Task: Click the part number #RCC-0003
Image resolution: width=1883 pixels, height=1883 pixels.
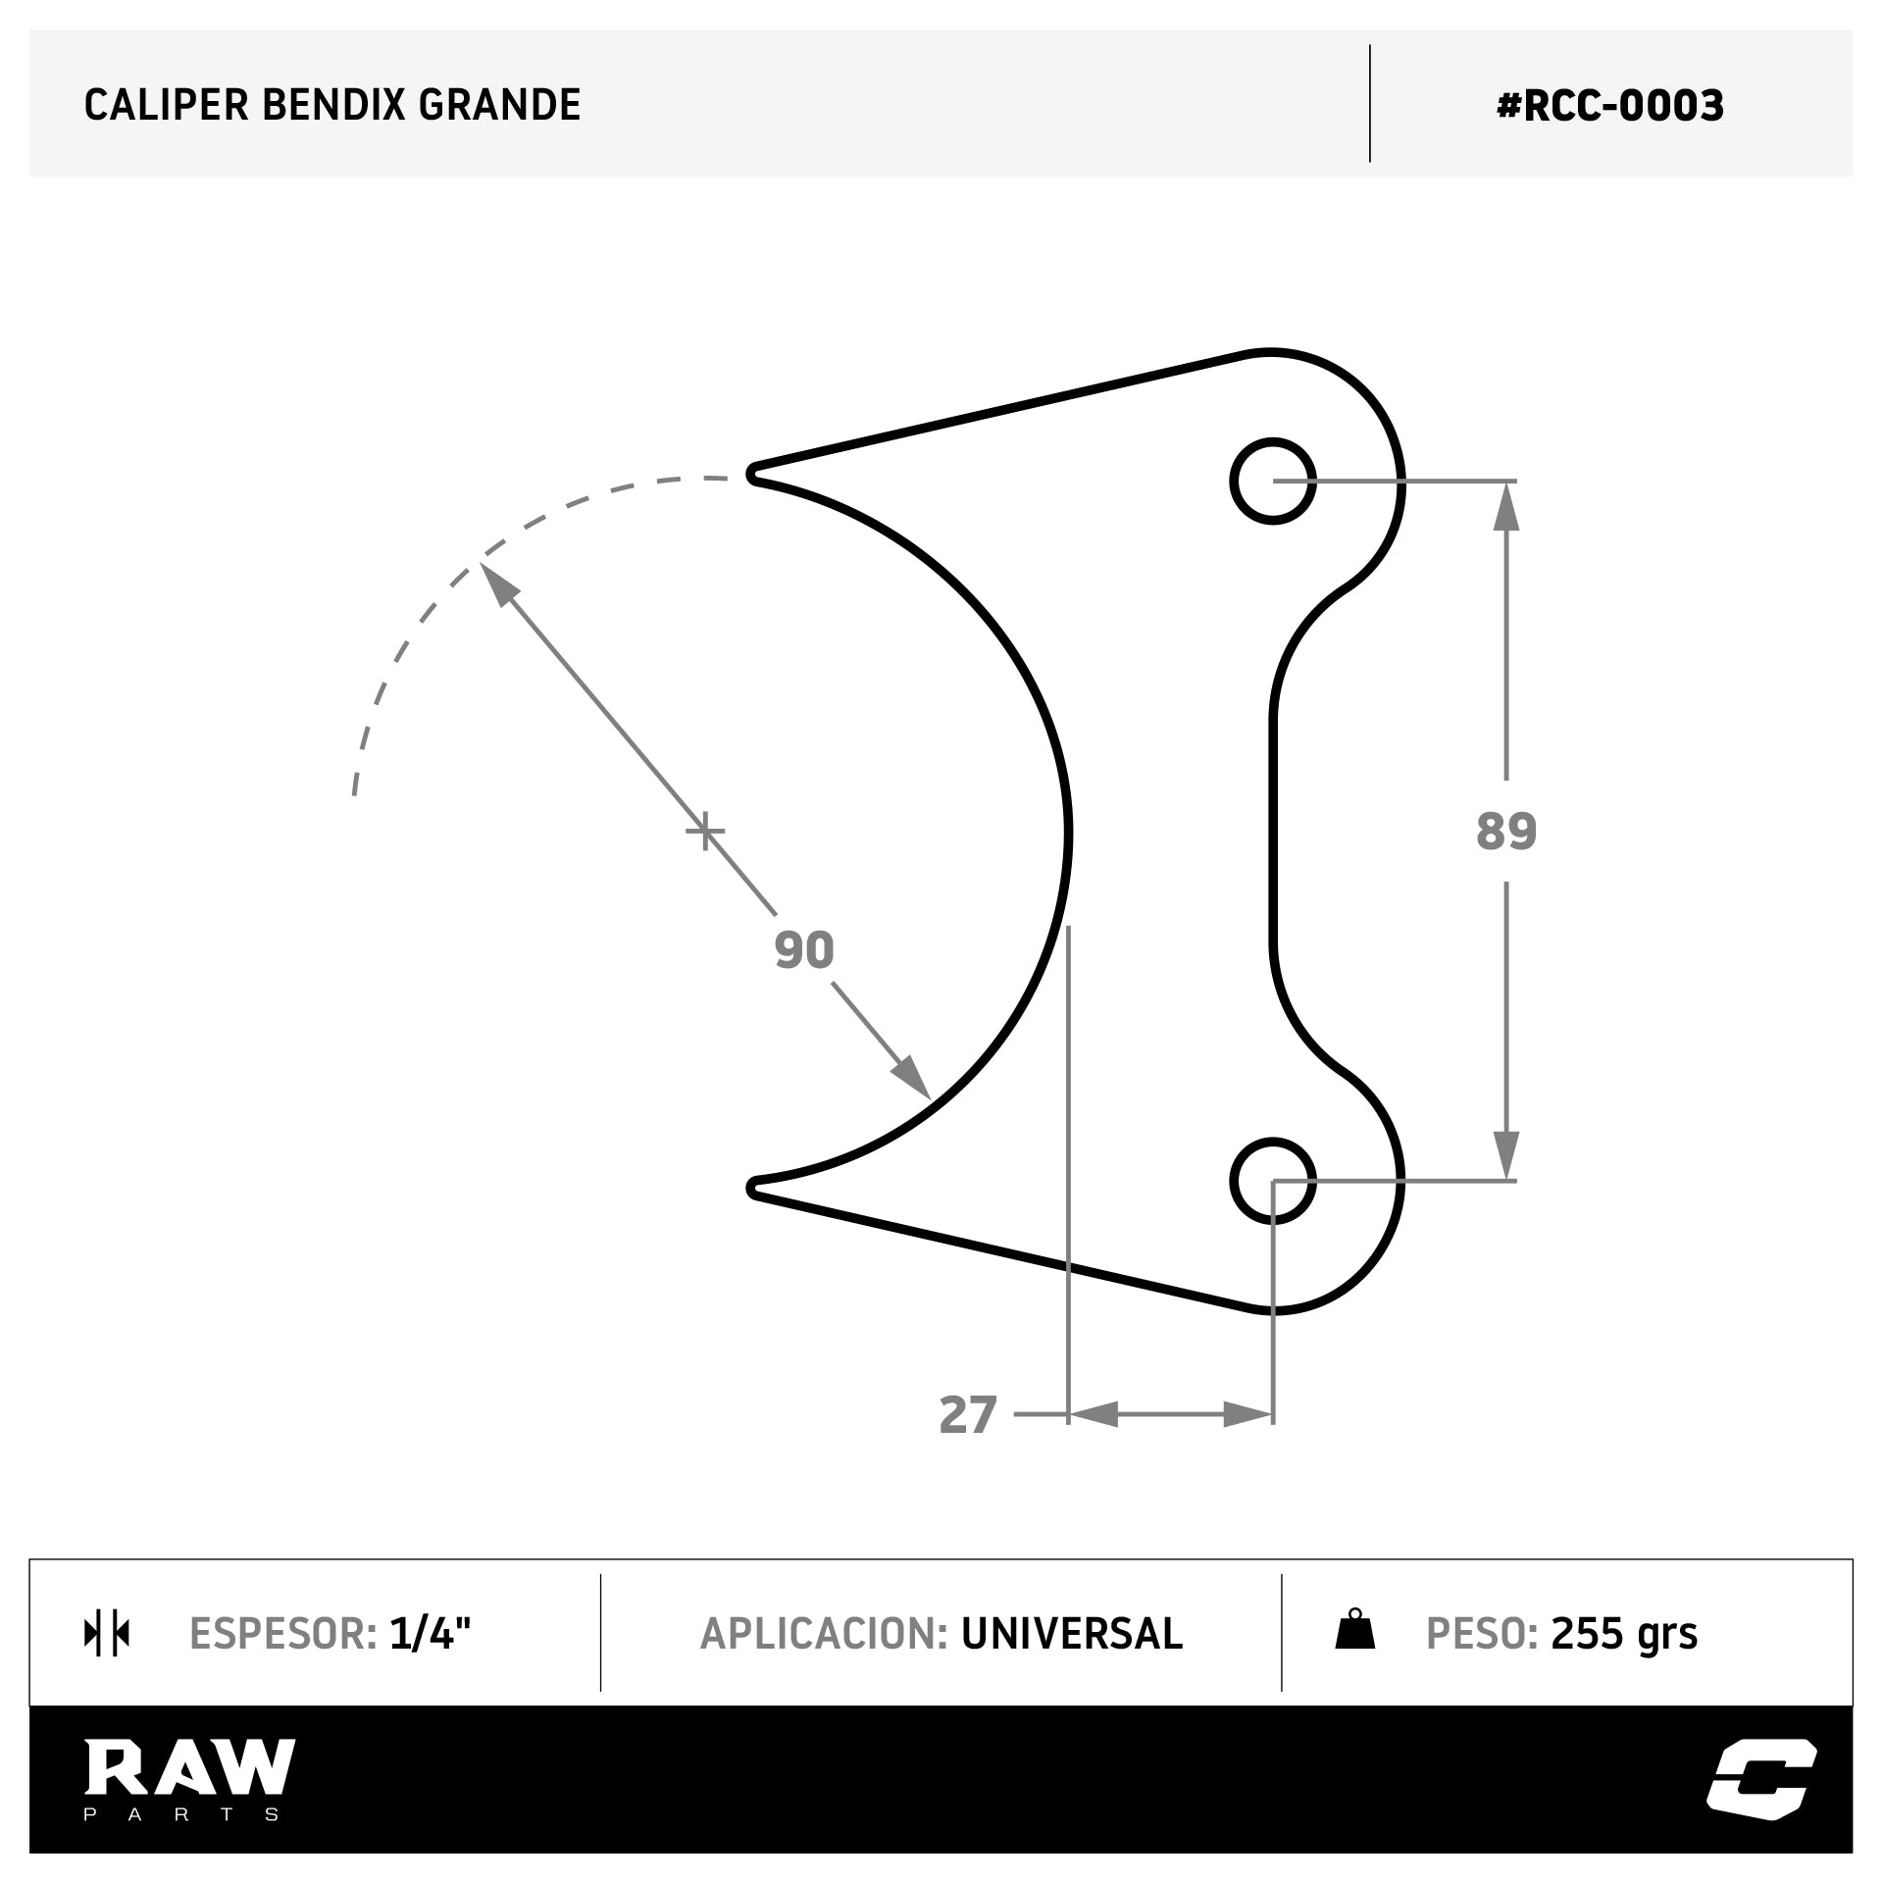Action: [x=1609, y=106]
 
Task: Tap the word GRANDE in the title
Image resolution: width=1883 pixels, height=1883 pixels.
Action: [x=499, y=105]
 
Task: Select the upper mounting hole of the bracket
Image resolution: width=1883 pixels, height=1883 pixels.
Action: [x=1272, y=481]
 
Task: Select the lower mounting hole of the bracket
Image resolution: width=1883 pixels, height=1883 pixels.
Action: [x=1272, y=1181]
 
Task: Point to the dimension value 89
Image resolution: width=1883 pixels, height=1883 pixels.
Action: [x=1505, y=831]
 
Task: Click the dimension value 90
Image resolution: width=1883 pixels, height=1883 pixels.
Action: [x=804, y=949]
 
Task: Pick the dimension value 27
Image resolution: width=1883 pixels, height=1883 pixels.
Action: [x=967, y=1415]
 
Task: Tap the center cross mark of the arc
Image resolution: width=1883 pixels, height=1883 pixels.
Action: [x=704, y=833]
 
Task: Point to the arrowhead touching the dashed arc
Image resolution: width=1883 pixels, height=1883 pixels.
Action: [x=496, y=584]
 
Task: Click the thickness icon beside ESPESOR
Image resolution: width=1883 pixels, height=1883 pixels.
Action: [x=107, y=1633]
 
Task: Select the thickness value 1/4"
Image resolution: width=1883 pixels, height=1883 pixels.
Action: [x=430, y=1633]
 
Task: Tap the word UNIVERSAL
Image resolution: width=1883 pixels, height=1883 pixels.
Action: [x=1071, y=1633]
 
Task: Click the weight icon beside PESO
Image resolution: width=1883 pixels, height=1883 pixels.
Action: [x=1354, y=1630]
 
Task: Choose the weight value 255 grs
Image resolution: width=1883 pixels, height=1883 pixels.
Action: [x=1623, y=1633]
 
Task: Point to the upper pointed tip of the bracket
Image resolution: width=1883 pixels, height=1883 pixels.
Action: [x=753, y=474]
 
